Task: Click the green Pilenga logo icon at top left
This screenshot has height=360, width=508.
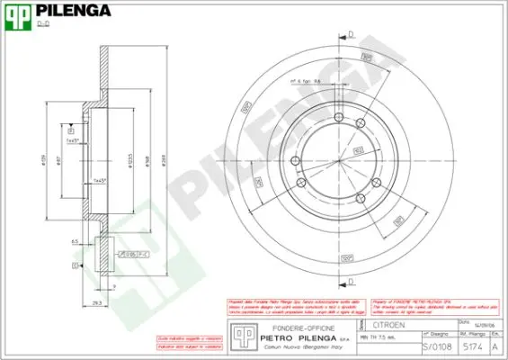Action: [x=19, y=15]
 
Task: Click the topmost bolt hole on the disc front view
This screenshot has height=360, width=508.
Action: [x=340, y=119]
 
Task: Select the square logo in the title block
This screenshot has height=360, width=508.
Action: [x=240, y=335]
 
